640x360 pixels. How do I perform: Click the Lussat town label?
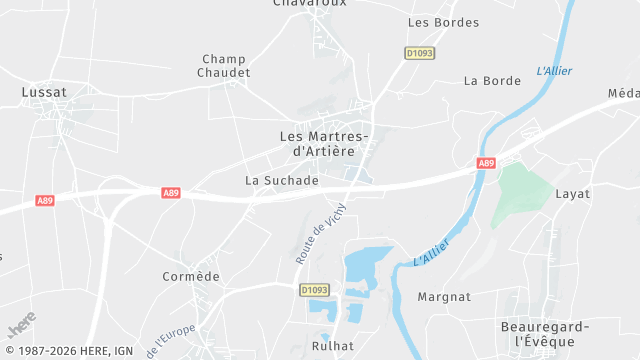[44, 92]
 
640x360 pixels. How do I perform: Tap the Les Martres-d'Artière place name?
[323, 143]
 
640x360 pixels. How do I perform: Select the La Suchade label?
[281, 181]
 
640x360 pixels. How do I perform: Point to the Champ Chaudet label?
[224, 66]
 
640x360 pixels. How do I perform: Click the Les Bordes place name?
[444, 22]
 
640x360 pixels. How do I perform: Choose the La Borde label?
[486, 81]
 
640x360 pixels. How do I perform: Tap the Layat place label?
[573, 193]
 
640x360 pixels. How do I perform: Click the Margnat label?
[444, 296]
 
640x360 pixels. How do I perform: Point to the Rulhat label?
[332, 347]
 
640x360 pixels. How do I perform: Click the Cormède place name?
[190, 276]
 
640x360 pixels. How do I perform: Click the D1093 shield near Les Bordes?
[420, 53]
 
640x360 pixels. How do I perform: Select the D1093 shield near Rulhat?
[314, 290]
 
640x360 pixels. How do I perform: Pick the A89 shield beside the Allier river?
[486, 163]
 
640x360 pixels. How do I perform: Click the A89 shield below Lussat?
[45, 201]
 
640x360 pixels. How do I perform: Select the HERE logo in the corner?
[21, 326]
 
